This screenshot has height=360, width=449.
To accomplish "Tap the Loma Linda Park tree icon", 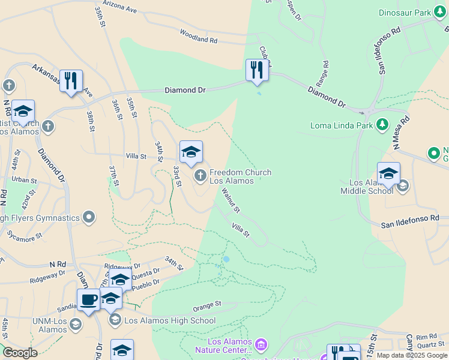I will pos(382,125).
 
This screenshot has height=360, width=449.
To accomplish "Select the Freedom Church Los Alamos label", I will pos(240,176).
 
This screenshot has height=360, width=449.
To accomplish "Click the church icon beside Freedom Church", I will pos(200,176).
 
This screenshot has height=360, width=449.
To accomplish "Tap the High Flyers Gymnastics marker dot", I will pos(89,217).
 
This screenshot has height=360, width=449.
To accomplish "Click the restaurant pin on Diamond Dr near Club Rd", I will pos(257,70).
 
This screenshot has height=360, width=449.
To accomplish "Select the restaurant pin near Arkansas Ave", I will pos(71,80).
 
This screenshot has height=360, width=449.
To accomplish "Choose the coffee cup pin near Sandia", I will pos(88,300).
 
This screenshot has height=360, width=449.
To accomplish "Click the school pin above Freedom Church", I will pos(191,152).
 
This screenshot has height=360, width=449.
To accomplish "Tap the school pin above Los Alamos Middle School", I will pos(388,173).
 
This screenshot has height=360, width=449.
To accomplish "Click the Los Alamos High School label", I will pos(170,320).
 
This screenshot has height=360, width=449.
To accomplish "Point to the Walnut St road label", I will pos(231,201).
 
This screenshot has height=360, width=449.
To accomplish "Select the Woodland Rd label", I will pos(198,40).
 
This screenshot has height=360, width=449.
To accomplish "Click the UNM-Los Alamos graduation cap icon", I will pos(76,324).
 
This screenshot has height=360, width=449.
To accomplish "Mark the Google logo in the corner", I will pos(20,353).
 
